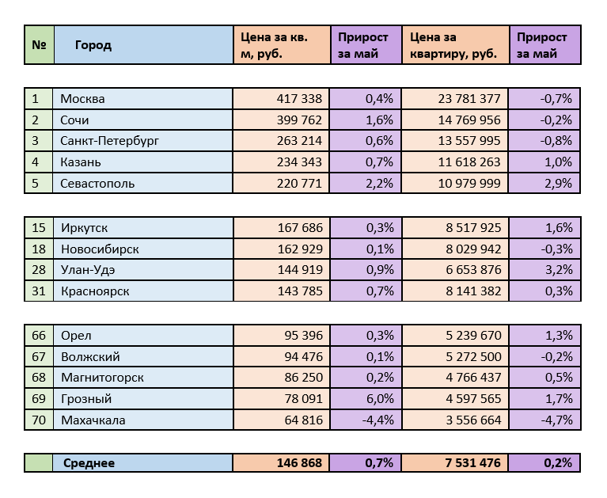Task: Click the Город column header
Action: pos(93,45)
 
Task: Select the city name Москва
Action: pos(83,99)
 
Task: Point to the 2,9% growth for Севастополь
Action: pos(556,183)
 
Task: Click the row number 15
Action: pos(39,228)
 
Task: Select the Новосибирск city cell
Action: pos(100,249)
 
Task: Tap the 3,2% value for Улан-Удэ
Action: pos(556,270)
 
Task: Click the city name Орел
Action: pos(76,335)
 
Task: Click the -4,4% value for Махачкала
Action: pos(376,420)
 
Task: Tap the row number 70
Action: pos(39,420)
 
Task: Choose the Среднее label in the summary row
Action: pos(89,463)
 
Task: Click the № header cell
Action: pos(38,45)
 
